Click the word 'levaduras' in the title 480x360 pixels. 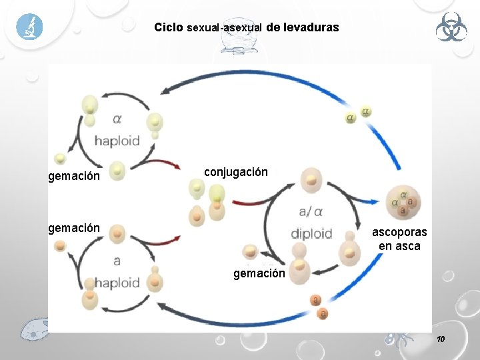(x=311, y=28)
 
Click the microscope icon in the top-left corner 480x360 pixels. (x=29, y=27)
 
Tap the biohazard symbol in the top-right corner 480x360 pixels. (x=451, y=29)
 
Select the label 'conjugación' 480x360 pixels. (x=236, y=172)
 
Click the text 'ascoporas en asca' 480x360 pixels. (x=399, y=239)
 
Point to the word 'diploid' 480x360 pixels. (x=311, y=234)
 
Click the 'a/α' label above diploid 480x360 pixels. (x=311, y=211)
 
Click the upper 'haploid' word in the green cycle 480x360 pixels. (x=117, y=141)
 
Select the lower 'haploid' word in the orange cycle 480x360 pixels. (x=117, y=283)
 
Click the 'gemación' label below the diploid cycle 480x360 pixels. (x=259, y=273)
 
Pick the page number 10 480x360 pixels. (x=440, y=340)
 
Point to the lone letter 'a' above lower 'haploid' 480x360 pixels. (x=117, y=261)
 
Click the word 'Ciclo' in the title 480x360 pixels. (x=169, y=28)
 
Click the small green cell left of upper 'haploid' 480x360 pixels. (x=61, y=159)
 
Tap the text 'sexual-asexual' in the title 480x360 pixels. (x=225, y=29)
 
